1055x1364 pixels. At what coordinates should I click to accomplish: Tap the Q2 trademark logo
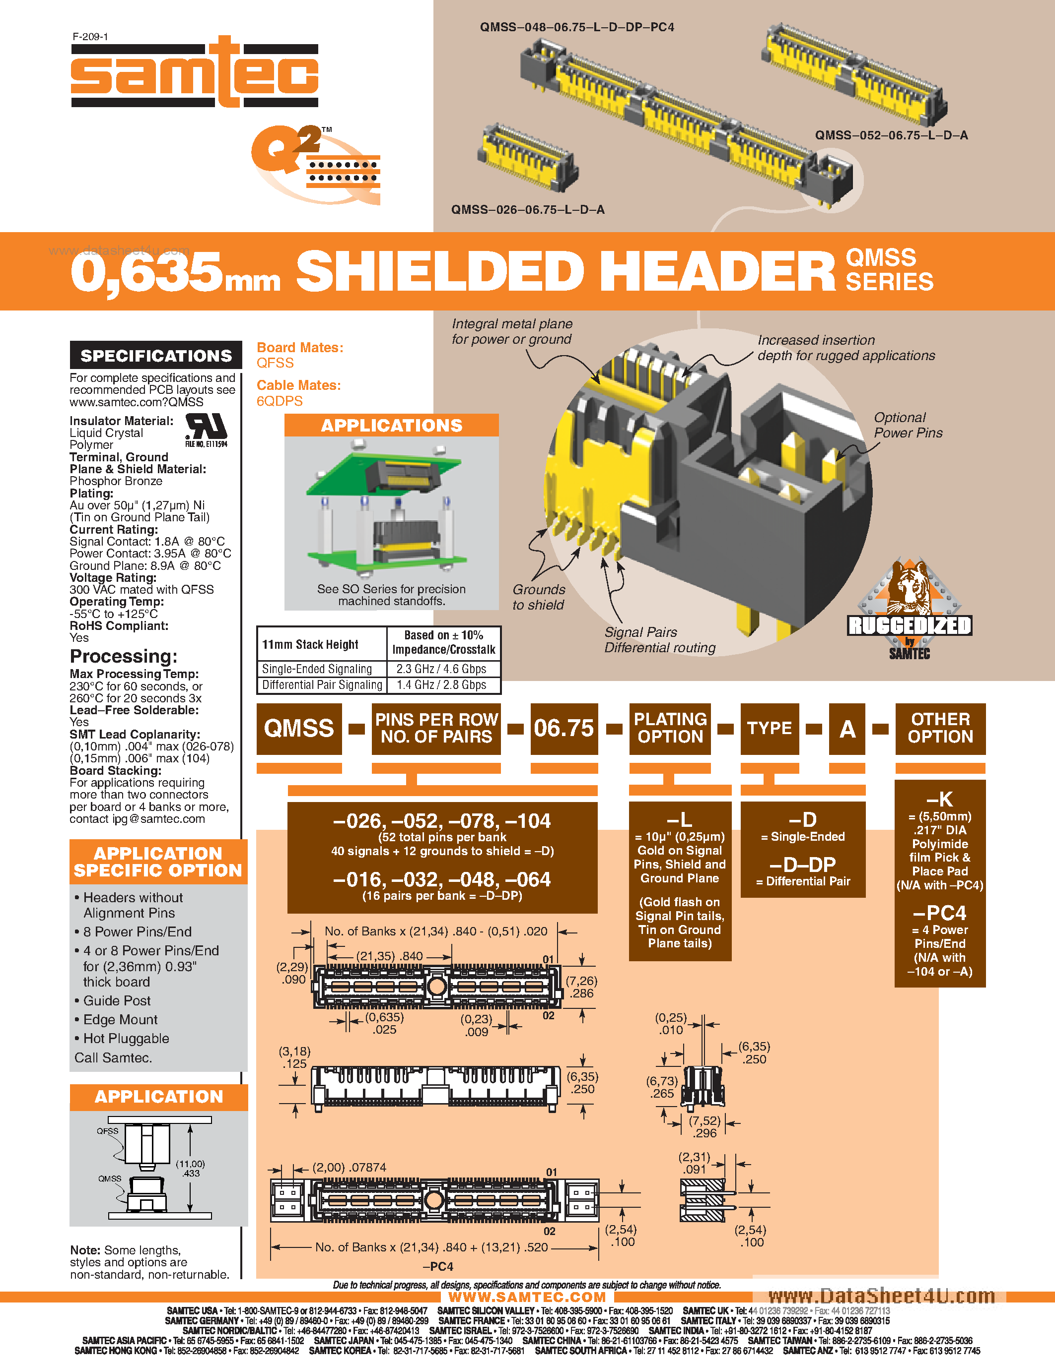pyautogui.click(x=316, y=164)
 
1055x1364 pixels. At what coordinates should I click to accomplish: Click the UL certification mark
pyautogui.click(x=206, y=429)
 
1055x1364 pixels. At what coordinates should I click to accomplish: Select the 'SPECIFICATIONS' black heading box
pyautogui.click(x=155, y=355)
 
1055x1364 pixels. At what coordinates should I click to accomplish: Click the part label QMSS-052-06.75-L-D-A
pyautogui.click(x=891, y=135)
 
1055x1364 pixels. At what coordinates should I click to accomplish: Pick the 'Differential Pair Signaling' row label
pyautogui.click(x=322, y=685)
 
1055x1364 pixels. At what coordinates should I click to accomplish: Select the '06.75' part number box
pyautogui.click(x=564, y=728)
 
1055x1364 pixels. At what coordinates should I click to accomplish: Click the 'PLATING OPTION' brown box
pyautogui.click(x=670, y=728)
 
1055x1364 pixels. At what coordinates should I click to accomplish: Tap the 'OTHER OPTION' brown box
pyautogui.click(x=940, y=728)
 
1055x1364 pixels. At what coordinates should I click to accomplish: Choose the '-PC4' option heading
pyautogui.click(x=939, y=914)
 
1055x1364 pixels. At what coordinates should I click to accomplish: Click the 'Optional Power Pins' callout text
pyautogui.click(x=908, y=425)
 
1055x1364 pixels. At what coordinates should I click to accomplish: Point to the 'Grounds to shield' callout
pyautogui.click(x=538, y=597)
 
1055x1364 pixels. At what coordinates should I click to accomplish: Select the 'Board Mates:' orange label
pyautogui.click(x=300, y=348)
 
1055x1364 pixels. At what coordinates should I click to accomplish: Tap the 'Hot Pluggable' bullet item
pyautogui.click(x=126, y=1039)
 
